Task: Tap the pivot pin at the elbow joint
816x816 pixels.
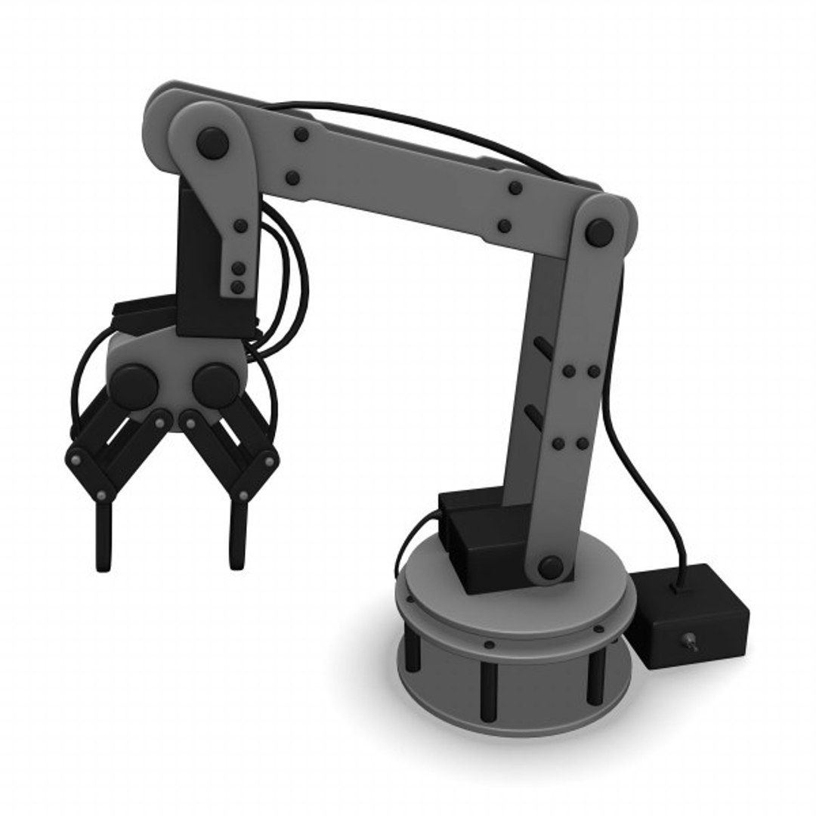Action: click(599, 233)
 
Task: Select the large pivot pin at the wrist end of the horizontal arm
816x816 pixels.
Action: click(212, 141)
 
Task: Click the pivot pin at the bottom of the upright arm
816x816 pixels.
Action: click(551, 567)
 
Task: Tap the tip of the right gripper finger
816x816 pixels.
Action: click(236, 559)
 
